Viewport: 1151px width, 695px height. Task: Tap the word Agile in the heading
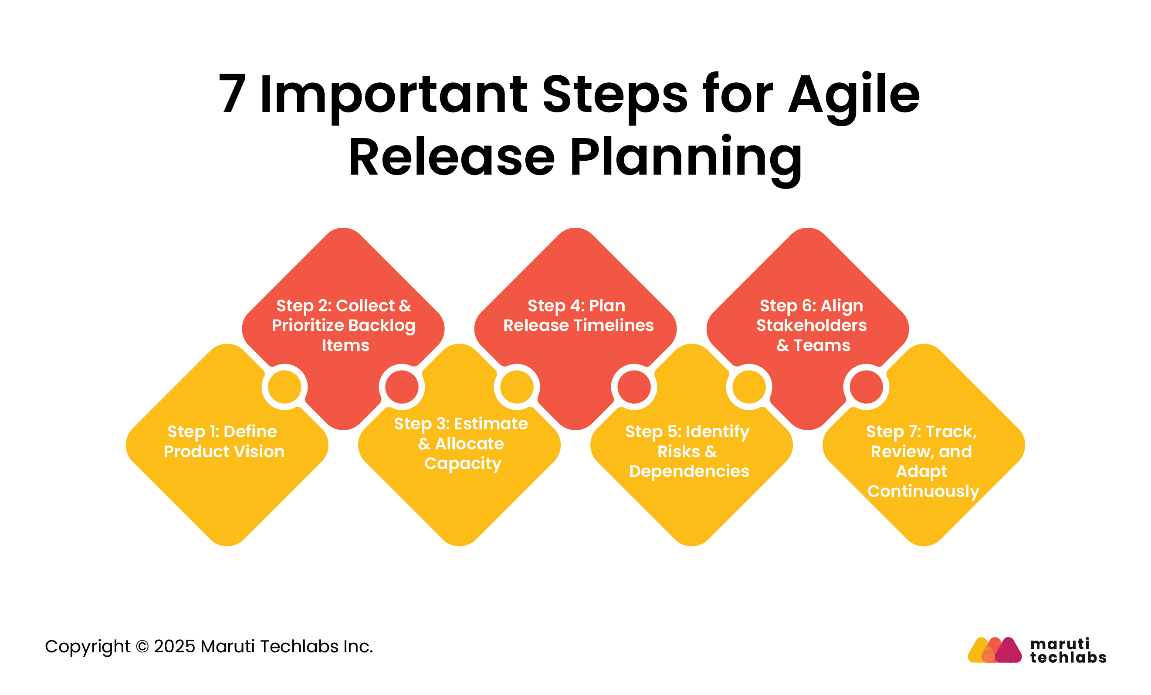(x=854, y=98)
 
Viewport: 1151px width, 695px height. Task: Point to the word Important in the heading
(x=394, y=98)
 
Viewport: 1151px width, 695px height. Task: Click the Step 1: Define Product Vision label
(x=224, y=441)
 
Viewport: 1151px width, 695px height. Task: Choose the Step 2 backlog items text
(x=344, y=325)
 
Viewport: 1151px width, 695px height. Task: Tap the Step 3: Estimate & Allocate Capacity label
(x=461, y=443)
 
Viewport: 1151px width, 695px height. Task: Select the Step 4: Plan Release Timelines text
(x=578, y=315)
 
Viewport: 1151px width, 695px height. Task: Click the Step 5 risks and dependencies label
(x=687, y=451)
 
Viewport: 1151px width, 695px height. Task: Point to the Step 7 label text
(x=922, y=462)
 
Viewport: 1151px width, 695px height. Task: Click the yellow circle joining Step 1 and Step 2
(x=284, y=387)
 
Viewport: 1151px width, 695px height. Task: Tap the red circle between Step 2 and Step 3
(x=402, y=387)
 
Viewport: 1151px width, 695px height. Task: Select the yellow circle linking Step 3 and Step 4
(x=517, y=387)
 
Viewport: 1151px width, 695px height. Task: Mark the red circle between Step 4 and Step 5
(x=634, y=387)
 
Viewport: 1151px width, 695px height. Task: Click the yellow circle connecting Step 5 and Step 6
(x=749, y=387)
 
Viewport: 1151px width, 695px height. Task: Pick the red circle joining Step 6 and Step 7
(x=867, y=387)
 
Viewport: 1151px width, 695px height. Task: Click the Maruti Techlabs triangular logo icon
(x=995, y=650)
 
